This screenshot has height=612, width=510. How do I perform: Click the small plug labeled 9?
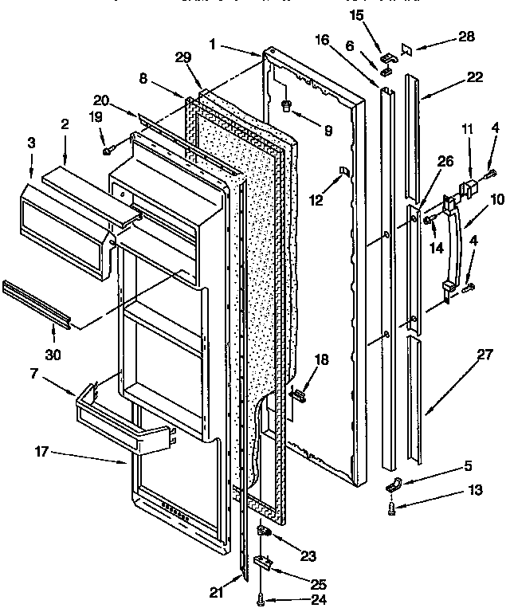click(x=288, y=105)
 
